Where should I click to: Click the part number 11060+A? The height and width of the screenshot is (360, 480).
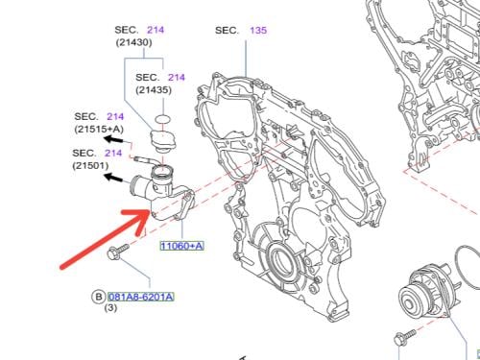coord(181,246)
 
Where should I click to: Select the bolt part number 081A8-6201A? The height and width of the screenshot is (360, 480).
coord(141,297)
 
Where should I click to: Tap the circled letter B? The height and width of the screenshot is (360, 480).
coord(99,297)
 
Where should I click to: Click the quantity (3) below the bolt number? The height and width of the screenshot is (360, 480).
coord(110,308)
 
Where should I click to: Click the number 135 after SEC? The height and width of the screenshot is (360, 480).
coord(258,31)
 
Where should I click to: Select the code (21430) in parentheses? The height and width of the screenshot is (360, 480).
coord(133,42)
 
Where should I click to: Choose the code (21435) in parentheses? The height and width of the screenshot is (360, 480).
coord(154,90)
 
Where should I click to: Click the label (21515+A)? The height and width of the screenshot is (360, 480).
coord(99,129)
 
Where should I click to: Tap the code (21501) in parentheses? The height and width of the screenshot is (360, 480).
coord(90,166)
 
